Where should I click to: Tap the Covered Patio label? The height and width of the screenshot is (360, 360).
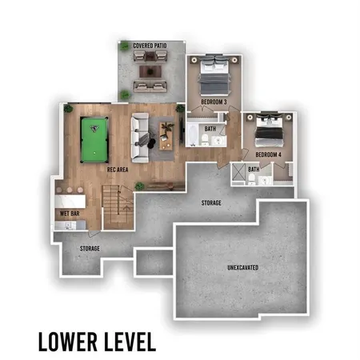(x=149, y=46)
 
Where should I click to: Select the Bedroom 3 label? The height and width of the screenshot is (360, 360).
(x=214, y=102)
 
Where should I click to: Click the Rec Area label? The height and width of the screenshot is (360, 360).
(x=118, y=170)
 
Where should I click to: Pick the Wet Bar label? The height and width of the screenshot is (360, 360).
(x=68, y=214)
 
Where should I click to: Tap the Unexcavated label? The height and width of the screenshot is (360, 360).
(x=242, y=266)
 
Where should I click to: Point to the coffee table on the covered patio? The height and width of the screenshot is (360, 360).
(x=150, y=72)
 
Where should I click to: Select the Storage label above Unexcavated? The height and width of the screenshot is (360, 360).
(x=211, y=203)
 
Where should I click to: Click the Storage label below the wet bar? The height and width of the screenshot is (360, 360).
(x=90, y=249)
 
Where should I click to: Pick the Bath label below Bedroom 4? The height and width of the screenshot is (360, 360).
(x=254, y=170)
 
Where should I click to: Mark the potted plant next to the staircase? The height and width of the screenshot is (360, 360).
(x=139, y=186)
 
